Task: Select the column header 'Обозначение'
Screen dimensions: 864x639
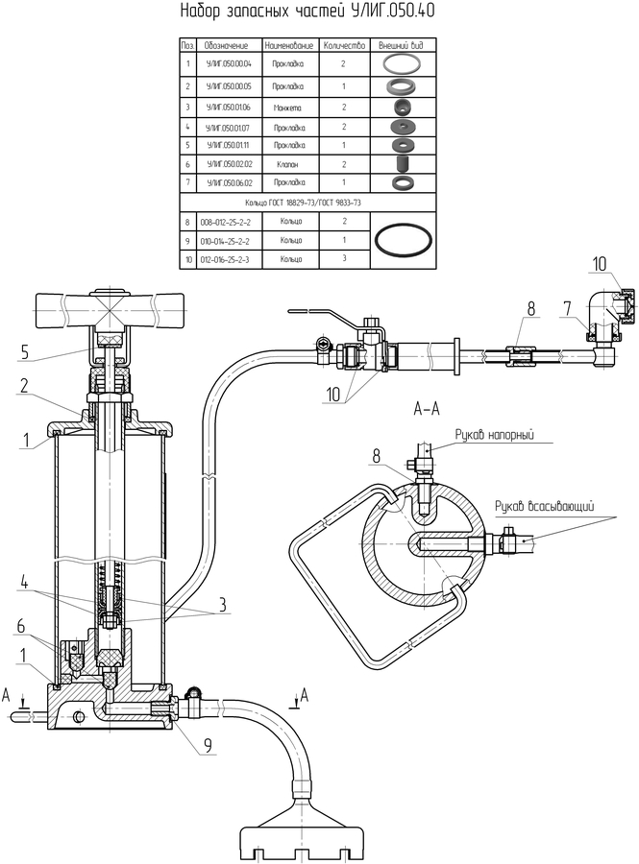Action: point(227,45)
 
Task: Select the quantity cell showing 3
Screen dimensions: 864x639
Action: point(343,259)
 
